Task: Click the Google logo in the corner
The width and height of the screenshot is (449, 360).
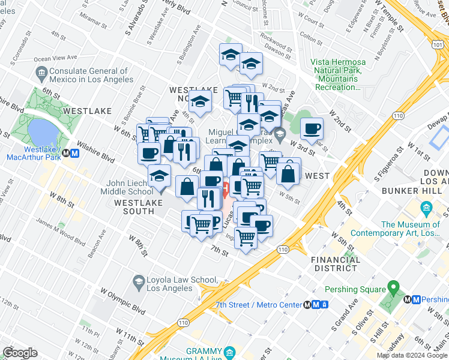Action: [x=20, y=353]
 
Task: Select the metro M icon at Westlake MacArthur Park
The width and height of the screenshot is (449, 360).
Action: [x=75, y=152]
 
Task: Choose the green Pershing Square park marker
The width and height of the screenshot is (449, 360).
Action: [x=394, y=289]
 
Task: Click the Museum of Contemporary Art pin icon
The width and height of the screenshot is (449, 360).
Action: [x=427, y=209]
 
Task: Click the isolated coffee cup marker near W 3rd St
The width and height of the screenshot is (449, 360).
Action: [x=312, y=128]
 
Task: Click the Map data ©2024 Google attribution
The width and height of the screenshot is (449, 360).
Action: [x=411, y=355]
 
